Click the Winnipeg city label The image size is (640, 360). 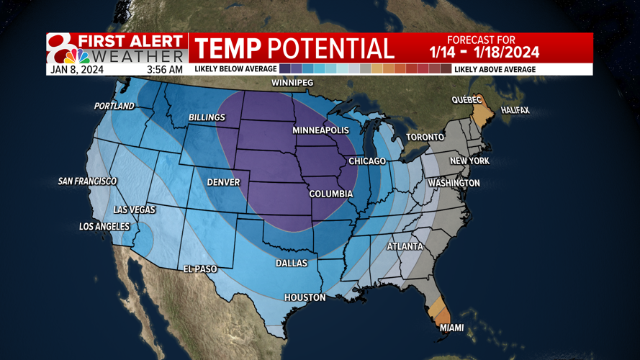coord(292,84)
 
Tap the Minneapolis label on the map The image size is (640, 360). coord(320,130)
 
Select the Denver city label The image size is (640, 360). coord(223,182)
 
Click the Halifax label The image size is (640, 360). coord(515,110)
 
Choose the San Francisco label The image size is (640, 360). coord(87,181)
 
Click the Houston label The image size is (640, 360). coord(305,297)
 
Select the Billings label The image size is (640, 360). coord(207,117)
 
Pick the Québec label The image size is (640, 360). coord(467,100)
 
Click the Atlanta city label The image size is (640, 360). coord(405,246)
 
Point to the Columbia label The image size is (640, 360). coord(330,194)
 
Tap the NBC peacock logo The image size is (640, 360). coord(77,55)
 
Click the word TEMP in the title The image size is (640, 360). coord(228,48)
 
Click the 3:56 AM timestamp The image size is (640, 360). coord(165,70)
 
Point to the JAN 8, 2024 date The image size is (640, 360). coord(77,70)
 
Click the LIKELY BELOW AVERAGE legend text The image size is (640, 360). coord(236,69)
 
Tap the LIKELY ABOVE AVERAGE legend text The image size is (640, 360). coord(495,69)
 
